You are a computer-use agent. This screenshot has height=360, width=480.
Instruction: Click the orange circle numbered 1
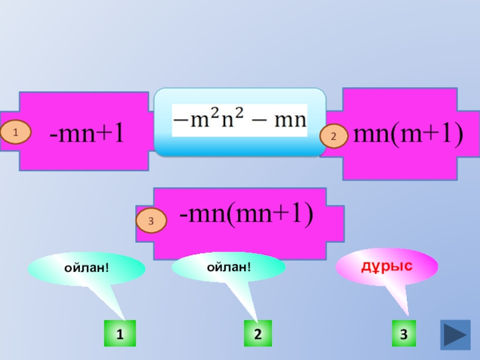(x=18, y=132)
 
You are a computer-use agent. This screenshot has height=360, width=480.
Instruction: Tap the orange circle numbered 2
(x=334, y=137)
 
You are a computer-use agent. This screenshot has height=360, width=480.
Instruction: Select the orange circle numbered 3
(x=151, y=222)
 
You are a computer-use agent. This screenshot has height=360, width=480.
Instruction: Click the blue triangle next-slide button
(x=455, y=334)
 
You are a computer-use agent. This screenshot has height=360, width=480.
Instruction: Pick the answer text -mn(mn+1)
(x=247, y=213)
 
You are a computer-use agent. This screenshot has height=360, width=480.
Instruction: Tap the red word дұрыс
(x=386, y=264)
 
